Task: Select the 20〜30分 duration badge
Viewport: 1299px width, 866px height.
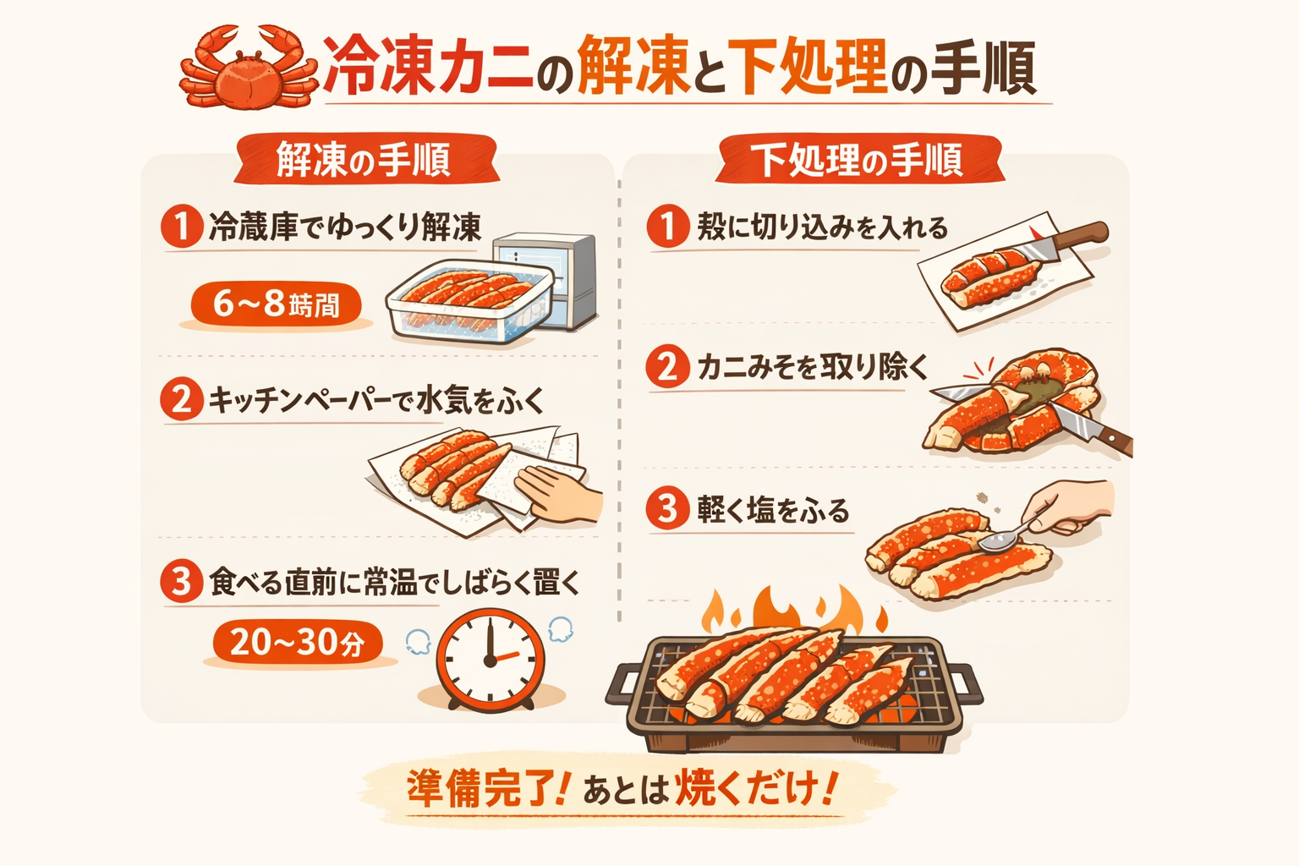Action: coord(296,643)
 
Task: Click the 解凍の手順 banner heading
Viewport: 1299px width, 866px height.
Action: coord(364,160)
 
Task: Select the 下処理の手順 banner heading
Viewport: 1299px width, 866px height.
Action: coord(858,160)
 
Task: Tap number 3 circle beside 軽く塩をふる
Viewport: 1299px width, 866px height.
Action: coord(668,509)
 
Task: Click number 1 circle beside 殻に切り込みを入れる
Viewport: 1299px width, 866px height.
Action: coord(668,227)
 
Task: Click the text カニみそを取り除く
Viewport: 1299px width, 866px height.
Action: coord(812,367)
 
